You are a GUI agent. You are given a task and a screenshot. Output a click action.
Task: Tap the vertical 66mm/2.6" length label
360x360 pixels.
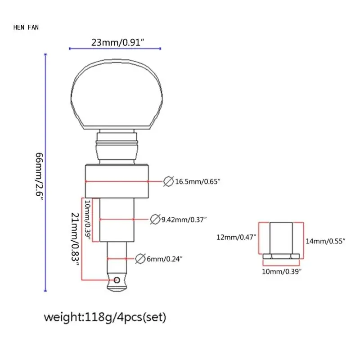[40, 176]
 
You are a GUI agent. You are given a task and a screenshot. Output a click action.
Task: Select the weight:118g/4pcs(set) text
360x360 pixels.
[105, 317]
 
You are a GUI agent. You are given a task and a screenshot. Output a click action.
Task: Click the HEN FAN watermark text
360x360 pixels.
[26, 27]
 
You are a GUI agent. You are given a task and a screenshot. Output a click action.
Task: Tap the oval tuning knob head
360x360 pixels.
[117, 94]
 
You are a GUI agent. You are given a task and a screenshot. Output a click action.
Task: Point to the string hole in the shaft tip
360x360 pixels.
[117, 280]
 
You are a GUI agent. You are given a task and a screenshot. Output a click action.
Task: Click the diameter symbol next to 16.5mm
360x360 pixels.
[168, 181]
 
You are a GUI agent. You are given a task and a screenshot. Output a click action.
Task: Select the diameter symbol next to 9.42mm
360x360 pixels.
[154, 220]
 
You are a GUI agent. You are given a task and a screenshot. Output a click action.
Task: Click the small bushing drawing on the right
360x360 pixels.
[282, 241]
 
